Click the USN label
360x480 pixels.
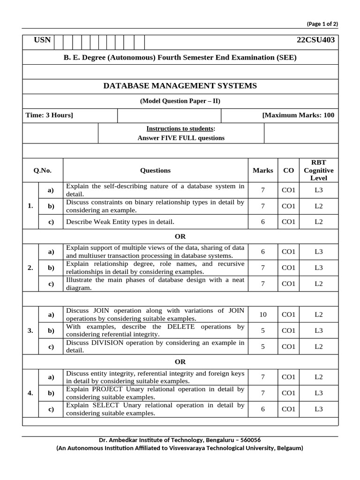pos(42,40)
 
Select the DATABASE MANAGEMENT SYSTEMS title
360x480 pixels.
pos(180,86)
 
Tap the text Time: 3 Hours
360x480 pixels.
pos(49,115)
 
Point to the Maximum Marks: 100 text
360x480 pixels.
pos(299,115)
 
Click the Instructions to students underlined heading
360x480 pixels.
pos(180,128)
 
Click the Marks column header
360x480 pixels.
pos(262,170)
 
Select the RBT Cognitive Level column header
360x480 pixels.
pos(318,170)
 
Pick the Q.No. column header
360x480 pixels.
pos(42,170)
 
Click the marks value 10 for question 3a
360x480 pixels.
pos(262,315)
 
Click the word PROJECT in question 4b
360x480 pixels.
pos(107,389)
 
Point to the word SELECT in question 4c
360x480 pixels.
pos(105,405)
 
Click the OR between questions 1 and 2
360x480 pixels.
pos(180,236)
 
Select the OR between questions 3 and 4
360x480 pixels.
pos(180,361)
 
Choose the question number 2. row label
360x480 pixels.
pos(30,268)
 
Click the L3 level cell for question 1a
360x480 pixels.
pos(318,190)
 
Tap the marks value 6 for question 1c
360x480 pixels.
pos(262,222)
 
